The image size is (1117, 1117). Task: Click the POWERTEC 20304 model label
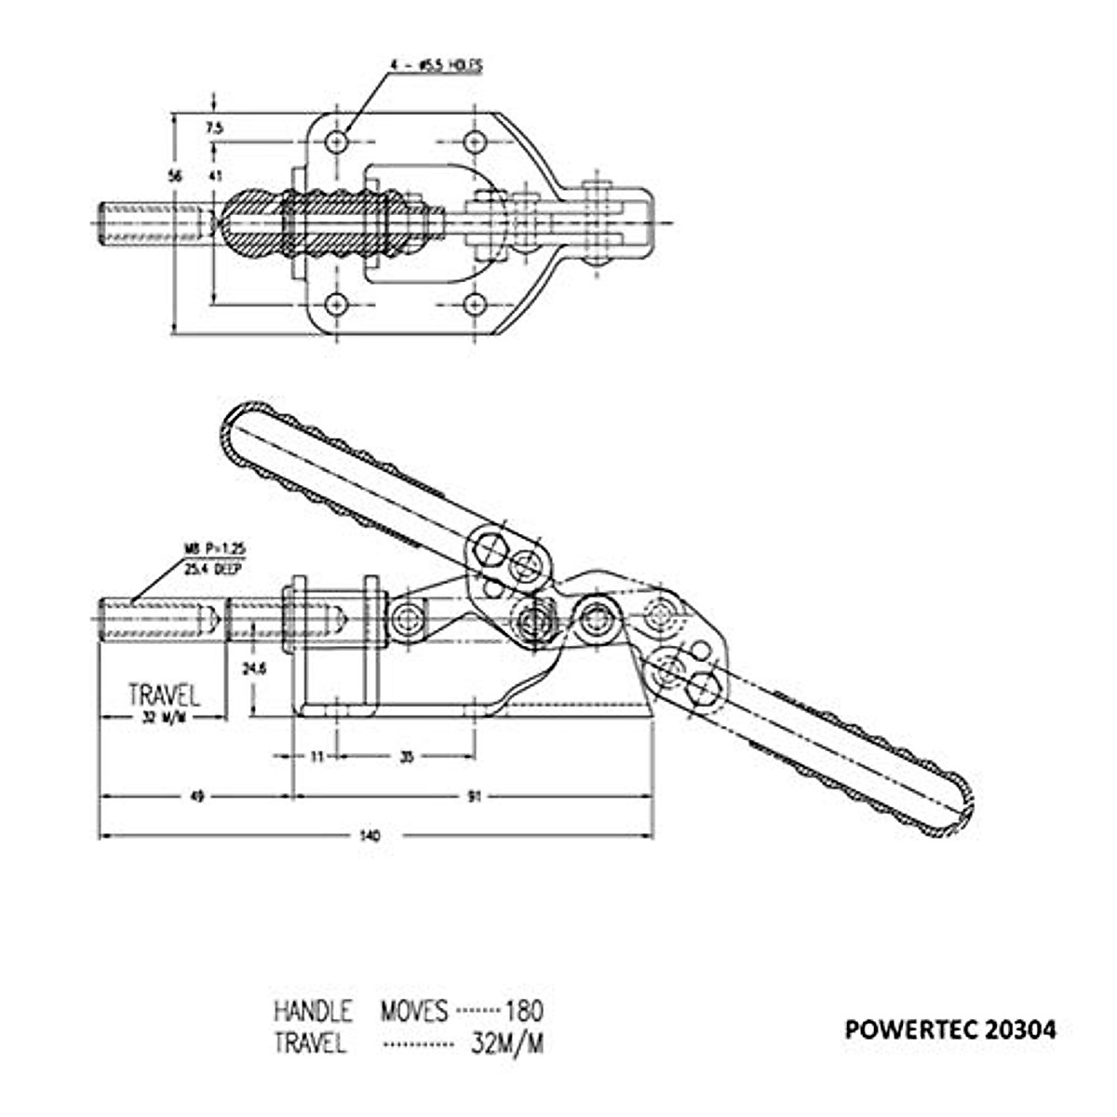pyautogui.click(x=950, y=1030)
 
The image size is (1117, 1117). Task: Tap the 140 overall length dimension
pyautogui.click(x=370, y=836)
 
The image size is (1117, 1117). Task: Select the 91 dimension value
pyautogui.click(x=475, y=797)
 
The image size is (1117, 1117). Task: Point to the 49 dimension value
pyautogui.click(x=196, y=797)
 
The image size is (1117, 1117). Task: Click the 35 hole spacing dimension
pyautogui.click(x=406, y=757)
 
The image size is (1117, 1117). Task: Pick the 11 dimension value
pyautogui.click(x=316, y=757)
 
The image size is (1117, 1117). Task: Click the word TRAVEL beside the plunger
pyautogui.click(x=164, y=694)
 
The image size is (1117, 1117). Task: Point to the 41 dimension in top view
pyautogui.click(x=215, y=175)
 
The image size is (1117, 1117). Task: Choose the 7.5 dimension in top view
pyautogui.click(x=215, y=128)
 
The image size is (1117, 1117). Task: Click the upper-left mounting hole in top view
pyautogui.click(x=337, y=142)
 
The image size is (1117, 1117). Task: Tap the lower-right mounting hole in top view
pyautogui.click(x=475, y=304)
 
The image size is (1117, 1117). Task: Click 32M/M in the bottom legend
pyautogui.click(x=507, y=1043)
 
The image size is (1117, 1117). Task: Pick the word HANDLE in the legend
pyautogui.click(x=313, y=1010)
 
